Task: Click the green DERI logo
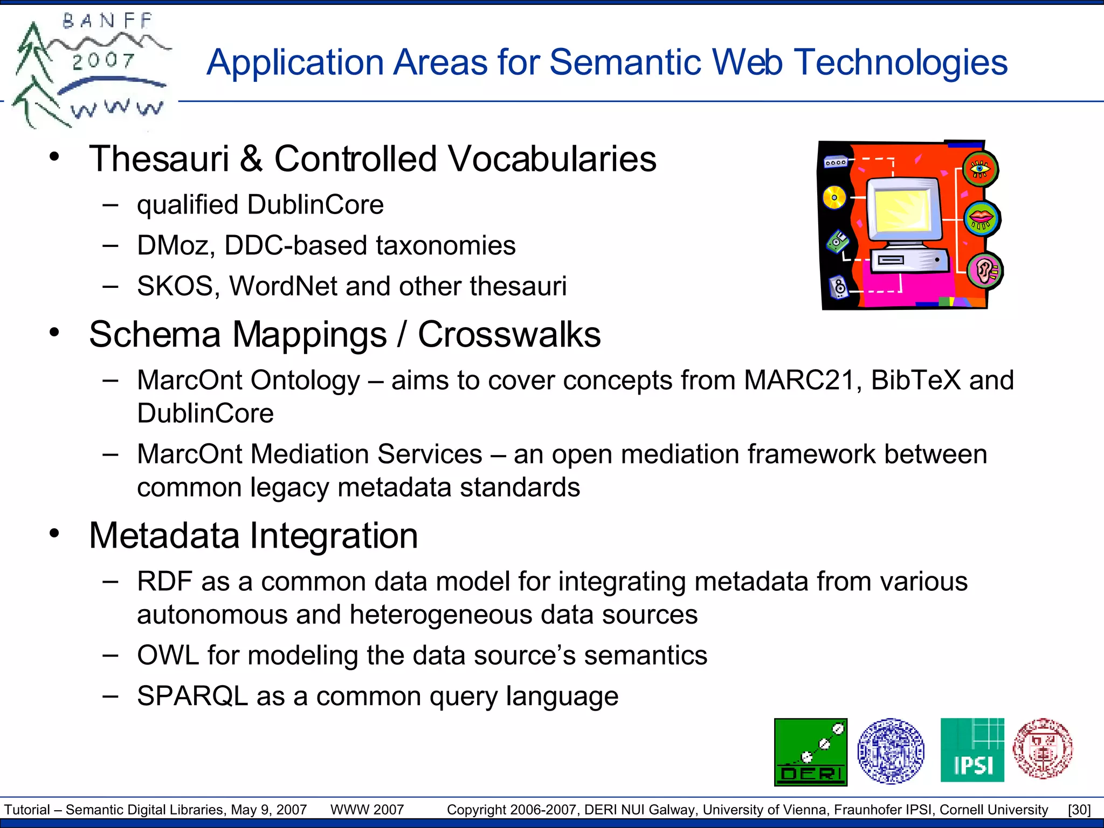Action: pos(810,751)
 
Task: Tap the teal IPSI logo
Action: pos(972,750)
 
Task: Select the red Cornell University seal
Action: pos(1043,749)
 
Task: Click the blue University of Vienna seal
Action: pos(891,750)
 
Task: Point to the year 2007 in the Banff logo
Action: pos(103,60)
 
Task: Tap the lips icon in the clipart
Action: pos(981,218)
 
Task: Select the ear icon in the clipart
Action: pos(985,270)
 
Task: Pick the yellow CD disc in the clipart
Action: pos(834,197)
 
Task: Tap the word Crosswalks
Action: pos(509,335)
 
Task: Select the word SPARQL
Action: pos(192,696)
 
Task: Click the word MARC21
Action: pos(799,380)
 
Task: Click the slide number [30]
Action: pos(1079,810)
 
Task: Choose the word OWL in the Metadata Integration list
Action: pos(168,655)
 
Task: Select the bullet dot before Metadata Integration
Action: pos(54,534)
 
